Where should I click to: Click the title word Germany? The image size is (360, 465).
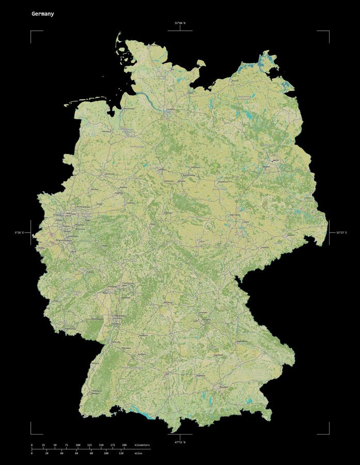point(42,14)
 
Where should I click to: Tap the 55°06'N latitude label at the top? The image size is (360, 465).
point(180,23)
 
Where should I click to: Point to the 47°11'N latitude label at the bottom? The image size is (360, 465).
point(180,442)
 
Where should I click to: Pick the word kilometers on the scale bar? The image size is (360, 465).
point(142,445)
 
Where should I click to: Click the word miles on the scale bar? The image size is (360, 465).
point(138,453)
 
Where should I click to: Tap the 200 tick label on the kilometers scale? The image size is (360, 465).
point(124,445)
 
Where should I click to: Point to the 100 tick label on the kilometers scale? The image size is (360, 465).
point(77,445)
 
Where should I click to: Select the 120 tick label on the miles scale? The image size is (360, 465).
point(121,453)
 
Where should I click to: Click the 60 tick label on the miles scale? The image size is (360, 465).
point(76,453)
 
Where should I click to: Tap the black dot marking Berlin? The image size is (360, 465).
point(273,162)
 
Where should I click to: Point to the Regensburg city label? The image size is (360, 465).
point(242,342)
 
